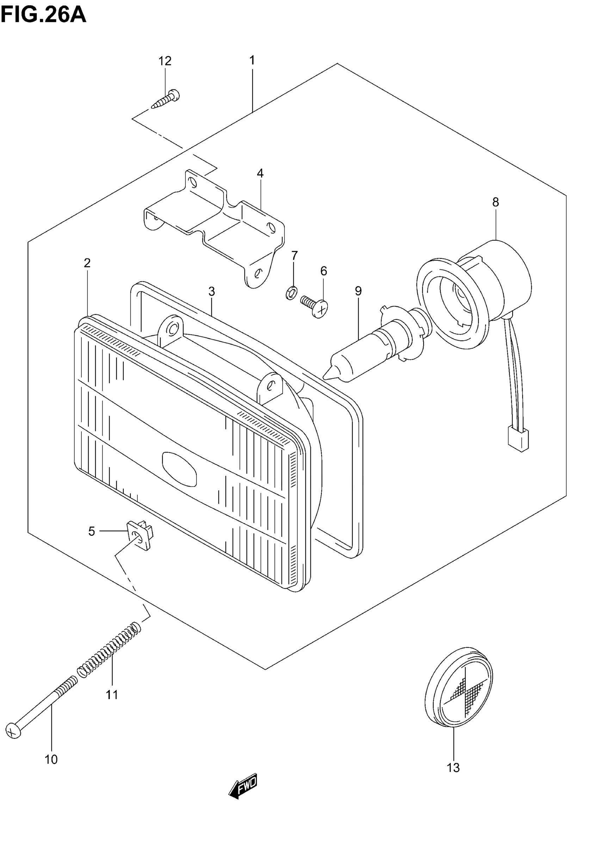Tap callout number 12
point(165,61)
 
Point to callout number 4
point(260,173)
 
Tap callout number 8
point(495,202)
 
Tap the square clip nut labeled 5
point(141,536)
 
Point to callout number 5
point(92,532)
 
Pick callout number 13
point(453,768)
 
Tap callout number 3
point(212,291)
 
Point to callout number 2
point(87,263)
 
